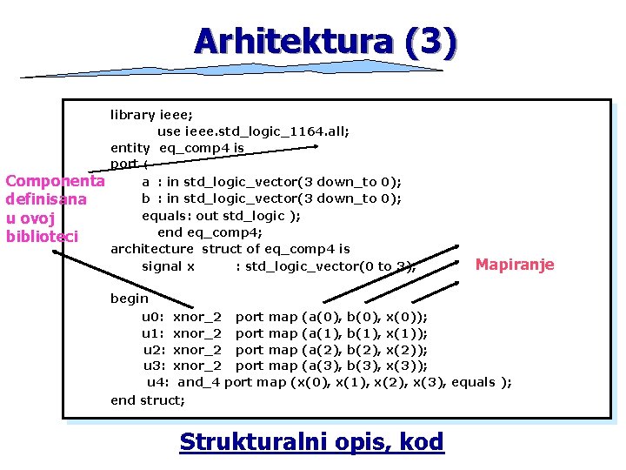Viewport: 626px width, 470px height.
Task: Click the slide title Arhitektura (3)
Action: [x=324, y=41]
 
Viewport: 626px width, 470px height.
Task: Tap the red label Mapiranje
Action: [x=515, y=265]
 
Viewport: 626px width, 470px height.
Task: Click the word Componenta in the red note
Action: [x=55, y=181]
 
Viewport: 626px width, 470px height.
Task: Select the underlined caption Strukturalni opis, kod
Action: [x=311, y=442]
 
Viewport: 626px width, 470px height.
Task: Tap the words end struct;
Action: [x=148, y=399]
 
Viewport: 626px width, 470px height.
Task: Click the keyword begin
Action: [x=130, y=299]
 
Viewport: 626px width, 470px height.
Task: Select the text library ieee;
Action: [x=151, y=114]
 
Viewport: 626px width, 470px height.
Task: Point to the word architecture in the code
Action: [x=152, y=249]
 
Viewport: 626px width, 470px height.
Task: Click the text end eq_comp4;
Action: [x=210, y=232]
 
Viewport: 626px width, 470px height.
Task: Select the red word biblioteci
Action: [x=42, y=236]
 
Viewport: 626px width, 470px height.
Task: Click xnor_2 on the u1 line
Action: [x=197, y=333]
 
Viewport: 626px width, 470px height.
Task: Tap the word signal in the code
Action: [x=161, y=266]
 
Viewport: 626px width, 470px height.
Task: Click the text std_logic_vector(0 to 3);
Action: [x=330, y=266]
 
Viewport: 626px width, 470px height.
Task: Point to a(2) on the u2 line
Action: [x=316, y=350]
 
